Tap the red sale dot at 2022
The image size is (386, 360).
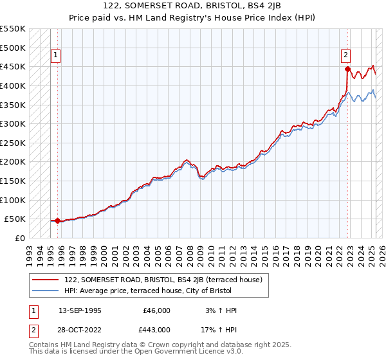347,69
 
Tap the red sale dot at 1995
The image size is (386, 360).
57,221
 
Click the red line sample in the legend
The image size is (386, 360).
46,280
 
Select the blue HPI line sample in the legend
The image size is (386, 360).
46,291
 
